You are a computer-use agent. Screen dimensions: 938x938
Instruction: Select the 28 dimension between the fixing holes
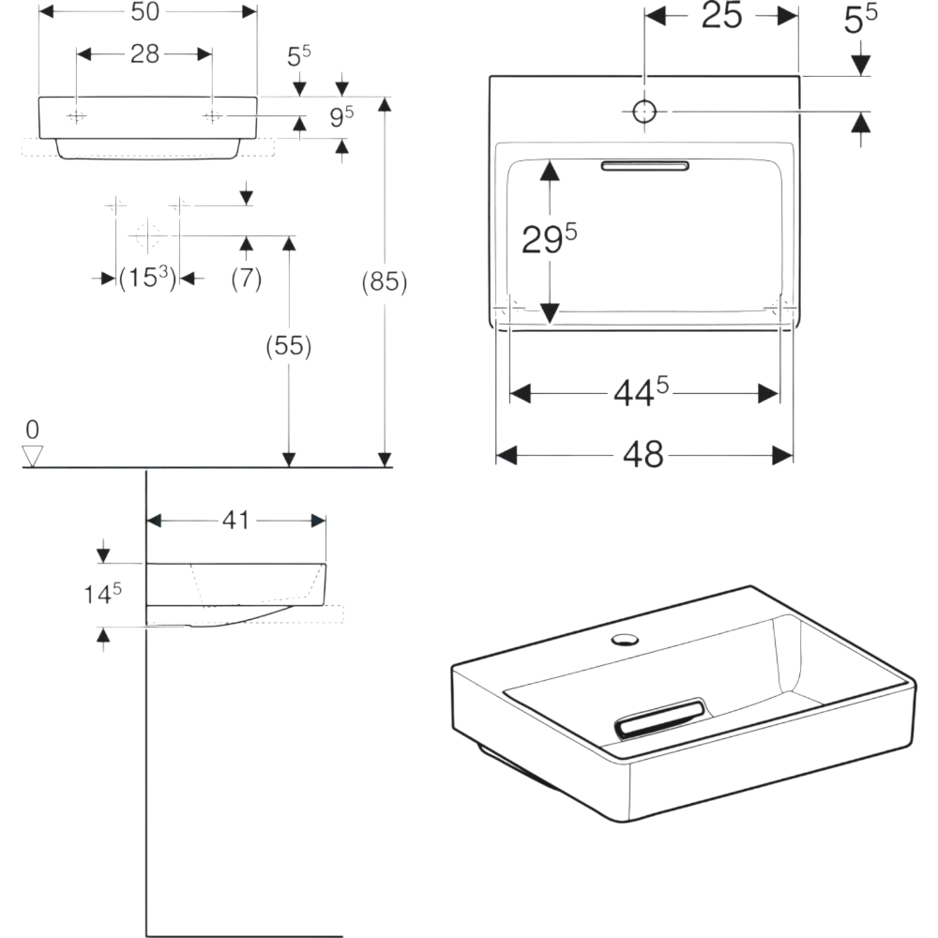[x=144, y=54]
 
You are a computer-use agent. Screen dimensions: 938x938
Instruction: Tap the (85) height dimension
[x=385, y=281]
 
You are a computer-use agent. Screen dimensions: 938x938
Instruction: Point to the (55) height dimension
[x=289, y=346]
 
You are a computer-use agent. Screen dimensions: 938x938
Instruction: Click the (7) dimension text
[x=246, y=278]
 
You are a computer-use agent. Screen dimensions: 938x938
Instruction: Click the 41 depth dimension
[x=237, y=520]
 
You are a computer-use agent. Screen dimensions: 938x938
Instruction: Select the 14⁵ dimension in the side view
[x=103, y=593]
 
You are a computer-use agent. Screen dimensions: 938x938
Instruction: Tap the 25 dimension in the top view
[x=722, y=16]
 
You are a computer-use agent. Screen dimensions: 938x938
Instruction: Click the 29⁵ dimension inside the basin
[x=549, y=239]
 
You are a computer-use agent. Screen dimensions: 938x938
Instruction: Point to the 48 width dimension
[x=643, y=455]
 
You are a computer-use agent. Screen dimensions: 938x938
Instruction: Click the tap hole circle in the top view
[x=644, y=112]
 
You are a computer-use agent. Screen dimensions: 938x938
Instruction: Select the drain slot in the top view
[x=645, y=166]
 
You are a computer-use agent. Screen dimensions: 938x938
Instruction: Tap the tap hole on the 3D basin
[x=624, y=641]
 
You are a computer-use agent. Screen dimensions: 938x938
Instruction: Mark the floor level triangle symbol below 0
[x=34, y=456]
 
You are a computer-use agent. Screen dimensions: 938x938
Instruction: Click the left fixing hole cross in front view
[x=77, y=115]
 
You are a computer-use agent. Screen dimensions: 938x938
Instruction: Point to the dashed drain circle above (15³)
[x=146, y=234]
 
